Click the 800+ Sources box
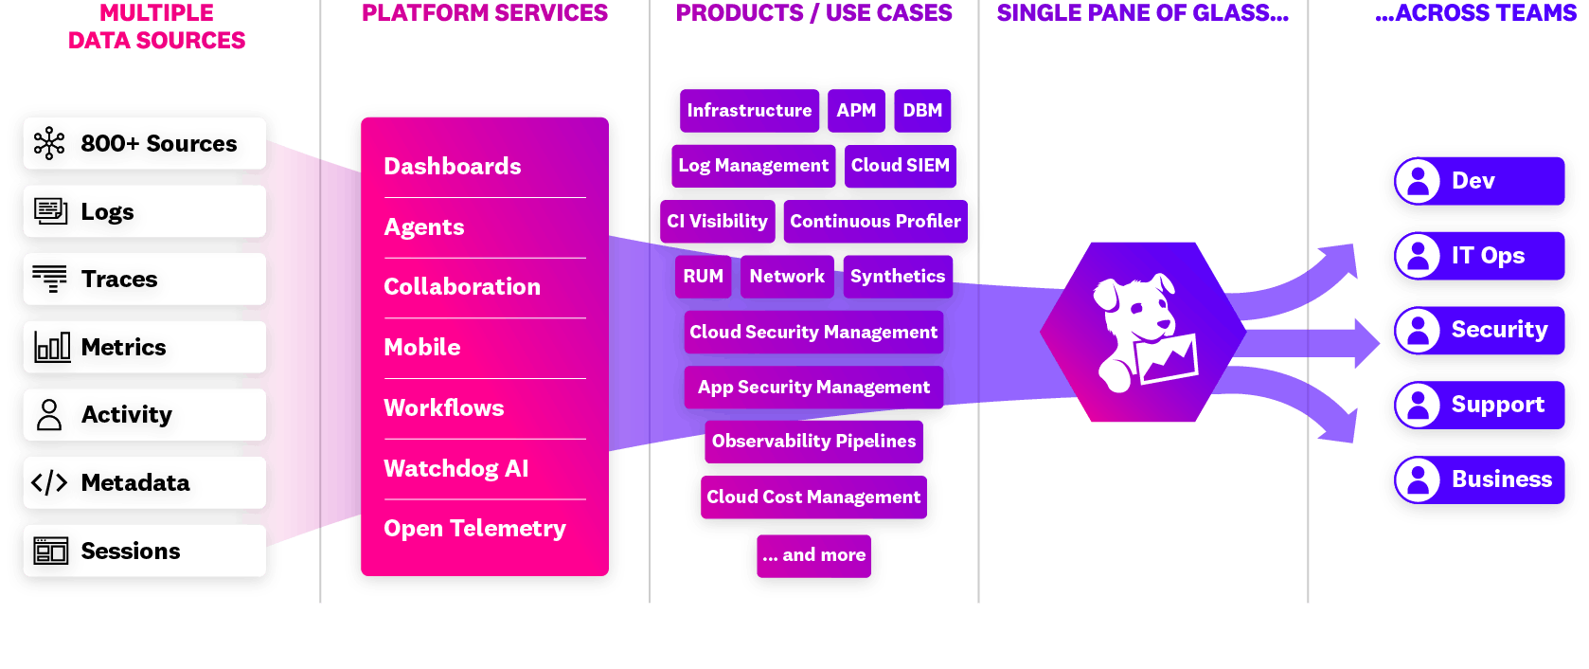point(144,143)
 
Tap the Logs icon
point(50,210)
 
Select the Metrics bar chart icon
point(52,347)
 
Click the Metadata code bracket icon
point(49,482)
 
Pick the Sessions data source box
point(144,551)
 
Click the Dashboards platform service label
point(452,167)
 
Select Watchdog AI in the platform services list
point(455,469)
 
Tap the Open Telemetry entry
point(474,529)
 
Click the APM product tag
point(856,111)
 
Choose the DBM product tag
point(922,111)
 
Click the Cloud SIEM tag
point(900,166)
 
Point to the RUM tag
point(704,277)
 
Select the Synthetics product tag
point(897,277)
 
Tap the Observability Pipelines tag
point(813,442)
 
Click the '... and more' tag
point(813,555)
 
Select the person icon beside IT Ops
point(1418,256)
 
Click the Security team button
point(1479,330)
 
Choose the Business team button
point(1479,479)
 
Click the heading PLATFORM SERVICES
point(485,13)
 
